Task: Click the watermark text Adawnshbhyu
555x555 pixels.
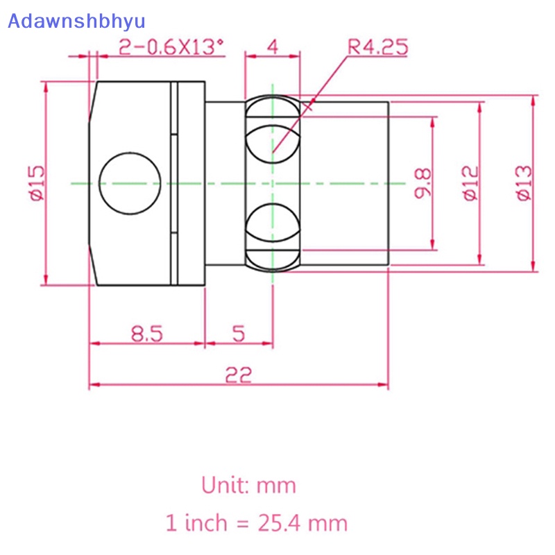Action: pos(76,20)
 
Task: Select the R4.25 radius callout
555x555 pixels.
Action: pos(377,47)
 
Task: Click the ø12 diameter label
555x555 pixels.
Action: pos(470,182)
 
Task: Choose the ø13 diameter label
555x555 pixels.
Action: pos(524,182)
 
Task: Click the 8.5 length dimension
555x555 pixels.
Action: pos(146,334)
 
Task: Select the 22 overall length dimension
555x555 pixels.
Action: pos(238,375)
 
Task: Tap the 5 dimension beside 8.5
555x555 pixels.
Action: pos(239,334)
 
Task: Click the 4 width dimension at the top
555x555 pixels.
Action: pos(273,47)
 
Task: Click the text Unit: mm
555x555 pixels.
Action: pos(249,484)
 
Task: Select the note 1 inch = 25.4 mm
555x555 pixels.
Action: pos(256,522)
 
